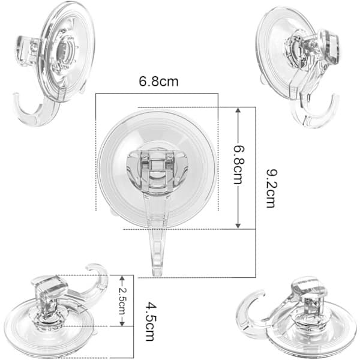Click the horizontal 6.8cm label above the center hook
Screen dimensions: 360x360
click(x=158, y=82)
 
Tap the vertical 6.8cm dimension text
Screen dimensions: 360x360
click(x=238, y=165)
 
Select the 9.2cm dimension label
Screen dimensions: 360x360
click(x=272, y=188)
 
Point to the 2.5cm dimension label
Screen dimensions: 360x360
click(x=122, y=301)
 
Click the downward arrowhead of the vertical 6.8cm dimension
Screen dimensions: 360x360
click(x=238, y=226)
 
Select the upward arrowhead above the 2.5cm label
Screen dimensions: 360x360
click(x=122, y=278)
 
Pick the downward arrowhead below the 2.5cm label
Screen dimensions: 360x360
click(x=122, y=323)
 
